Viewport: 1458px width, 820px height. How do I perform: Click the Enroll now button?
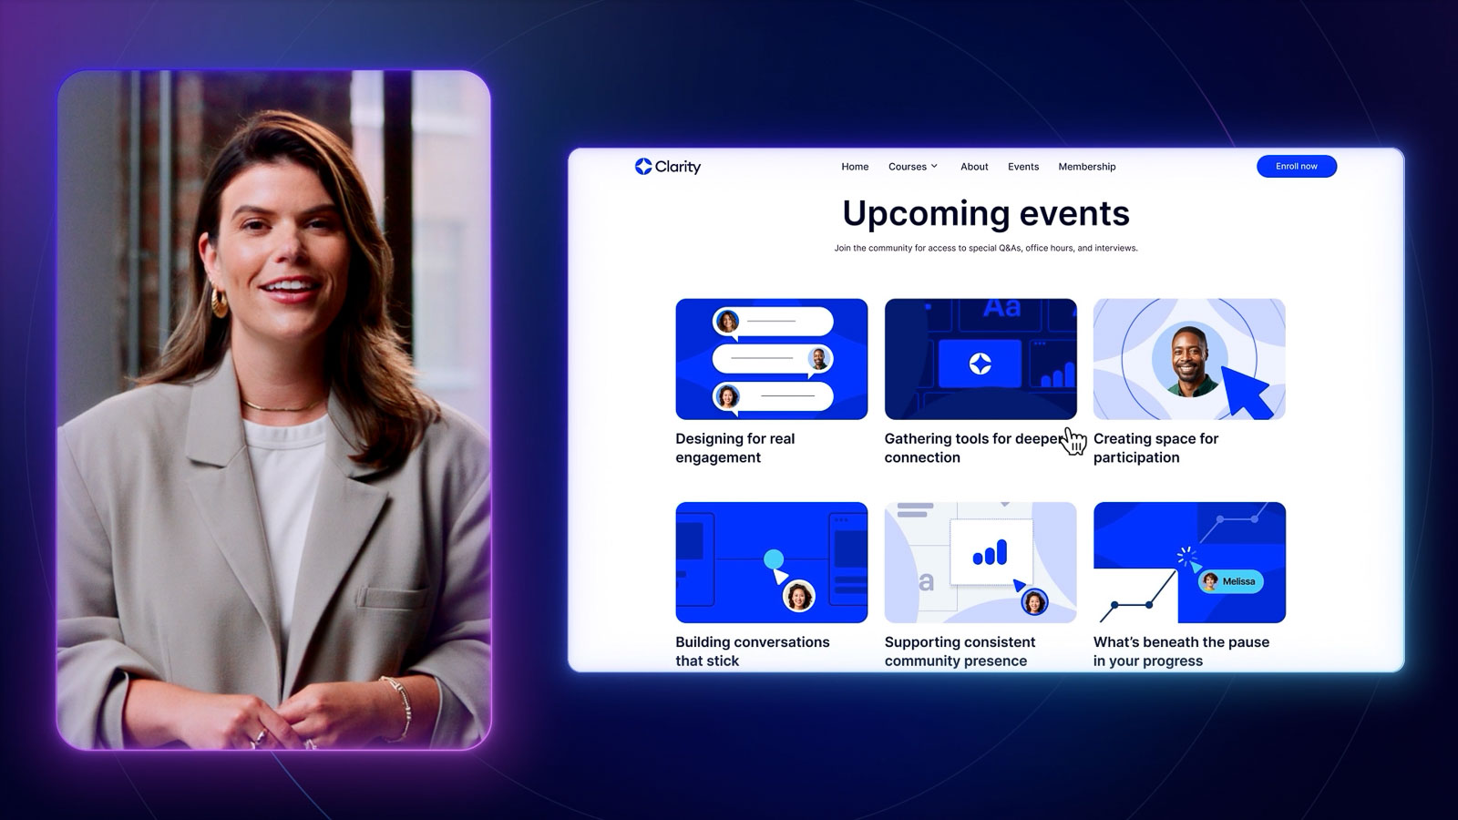click(1296, 166)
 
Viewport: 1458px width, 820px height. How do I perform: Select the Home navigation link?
click(855, 167)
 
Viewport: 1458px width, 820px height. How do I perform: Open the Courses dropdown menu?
click(912, 167)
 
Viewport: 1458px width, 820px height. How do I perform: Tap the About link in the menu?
click(974, 167)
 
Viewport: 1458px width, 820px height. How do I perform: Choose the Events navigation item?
click(1023, 167)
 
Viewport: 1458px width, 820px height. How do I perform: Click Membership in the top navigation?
click(1086, 167)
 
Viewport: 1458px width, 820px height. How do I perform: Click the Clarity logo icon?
click(643, 166)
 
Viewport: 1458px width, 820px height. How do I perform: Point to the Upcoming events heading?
click(985, 213)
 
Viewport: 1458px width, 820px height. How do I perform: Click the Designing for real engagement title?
click(734, 447)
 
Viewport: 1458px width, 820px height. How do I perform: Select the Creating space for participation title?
click(1155, 447)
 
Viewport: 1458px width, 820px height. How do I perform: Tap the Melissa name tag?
click(1231, 581)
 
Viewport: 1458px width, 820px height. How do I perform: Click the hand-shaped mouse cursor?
click(1075, 442)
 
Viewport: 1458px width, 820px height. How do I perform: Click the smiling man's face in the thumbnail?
click(1189, 360)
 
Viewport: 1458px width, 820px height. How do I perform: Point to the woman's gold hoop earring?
click(220, 302)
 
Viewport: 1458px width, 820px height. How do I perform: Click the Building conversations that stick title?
click(752, 651)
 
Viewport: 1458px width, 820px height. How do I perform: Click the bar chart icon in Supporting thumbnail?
click(990, 552)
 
